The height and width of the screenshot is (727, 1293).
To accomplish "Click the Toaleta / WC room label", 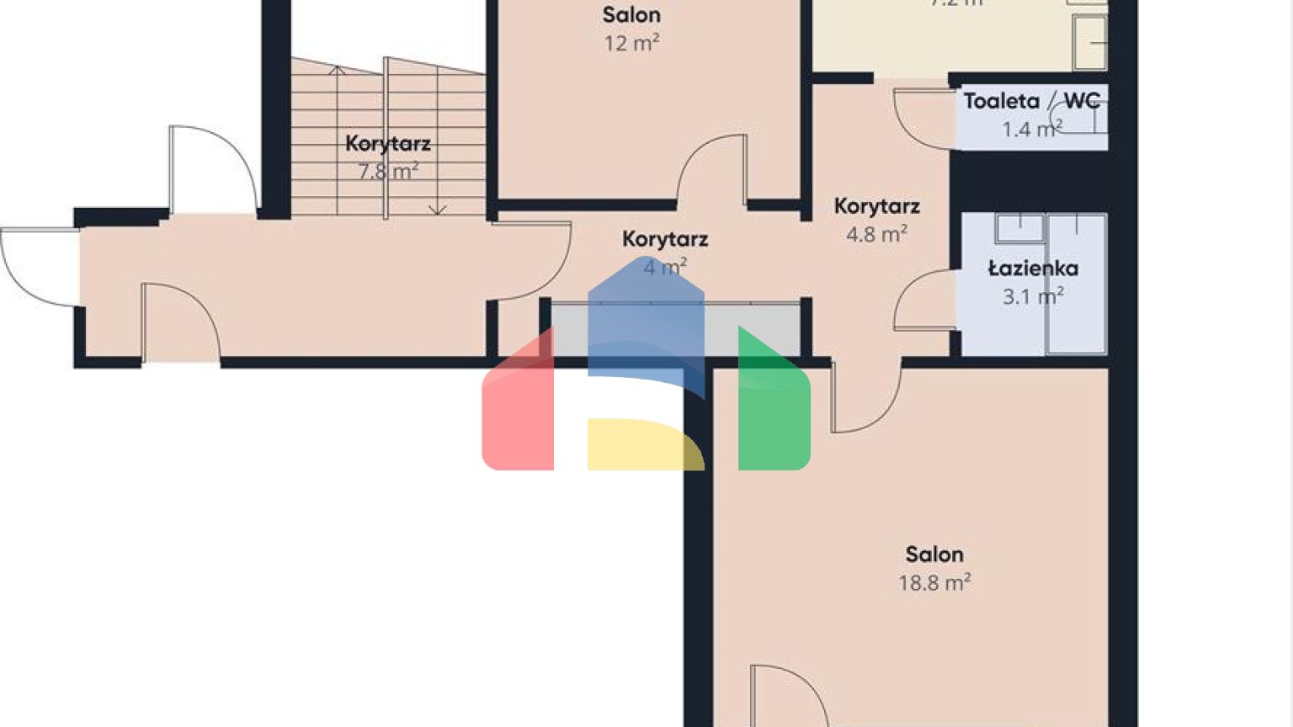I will point(1031,101).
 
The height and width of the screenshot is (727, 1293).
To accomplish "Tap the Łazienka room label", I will point(1033,268).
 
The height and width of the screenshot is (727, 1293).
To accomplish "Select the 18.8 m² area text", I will point(934,582).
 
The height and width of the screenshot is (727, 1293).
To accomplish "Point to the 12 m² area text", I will point(631,43).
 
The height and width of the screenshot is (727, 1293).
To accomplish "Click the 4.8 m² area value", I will point(876,234).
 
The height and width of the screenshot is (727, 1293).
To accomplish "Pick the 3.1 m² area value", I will point(1033,296).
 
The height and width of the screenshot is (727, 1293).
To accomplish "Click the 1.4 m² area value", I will point(1031,129).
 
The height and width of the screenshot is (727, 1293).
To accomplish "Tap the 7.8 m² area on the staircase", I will point(388,172).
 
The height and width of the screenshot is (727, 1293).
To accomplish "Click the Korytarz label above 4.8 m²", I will point(876,206).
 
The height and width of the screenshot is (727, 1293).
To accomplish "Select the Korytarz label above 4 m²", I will point(665,239).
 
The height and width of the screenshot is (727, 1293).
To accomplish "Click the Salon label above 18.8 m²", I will point(934,555).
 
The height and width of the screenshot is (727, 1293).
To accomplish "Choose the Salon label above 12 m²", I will point(631,15).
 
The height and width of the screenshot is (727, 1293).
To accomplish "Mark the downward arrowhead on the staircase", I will point(438,210).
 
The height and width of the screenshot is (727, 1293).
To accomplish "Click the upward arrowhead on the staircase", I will point(337,70).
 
